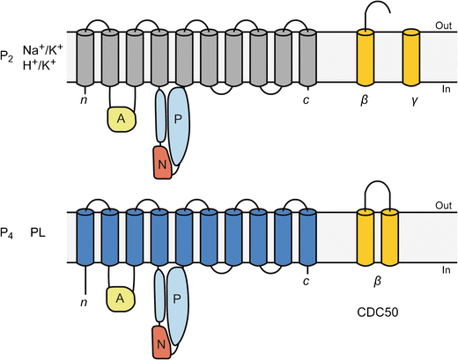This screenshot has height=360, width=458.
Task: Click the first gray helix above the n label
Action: pyautogui.click(x=85, y=56)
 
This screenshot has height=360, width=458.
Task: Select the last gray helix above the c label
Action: pyautogui.click(x=307, y=56)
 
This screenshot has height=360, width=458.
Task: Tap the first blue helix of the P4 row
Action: pyautogui.click(x=85, y=237)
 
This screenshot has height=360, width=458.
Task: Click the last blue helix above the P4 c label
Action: pyautogui.click(x=307, y=237)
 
